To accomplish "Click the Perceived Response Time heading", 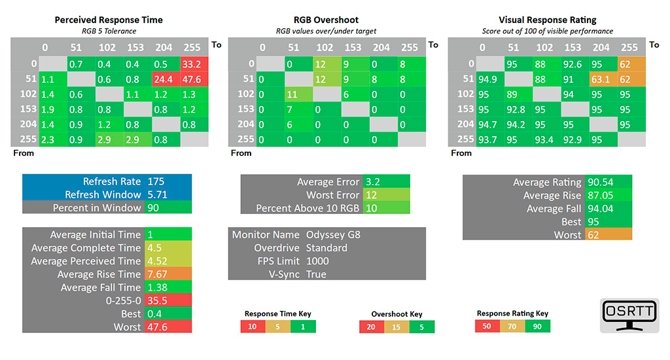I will point(109,20).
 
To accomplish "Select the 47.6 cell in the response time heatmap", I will point(194,78).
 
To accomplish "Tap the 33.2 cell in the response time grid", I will point(194,63).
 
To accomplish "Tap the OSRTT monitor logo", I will point(629,315).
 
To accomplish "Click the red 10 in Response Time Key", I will point(252,326).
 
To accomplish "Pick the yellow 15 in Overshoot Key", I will point(397,327).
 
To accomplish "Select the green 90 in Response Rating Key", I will point(537,326).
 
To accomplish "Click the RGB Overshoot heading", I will point(326,20).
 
